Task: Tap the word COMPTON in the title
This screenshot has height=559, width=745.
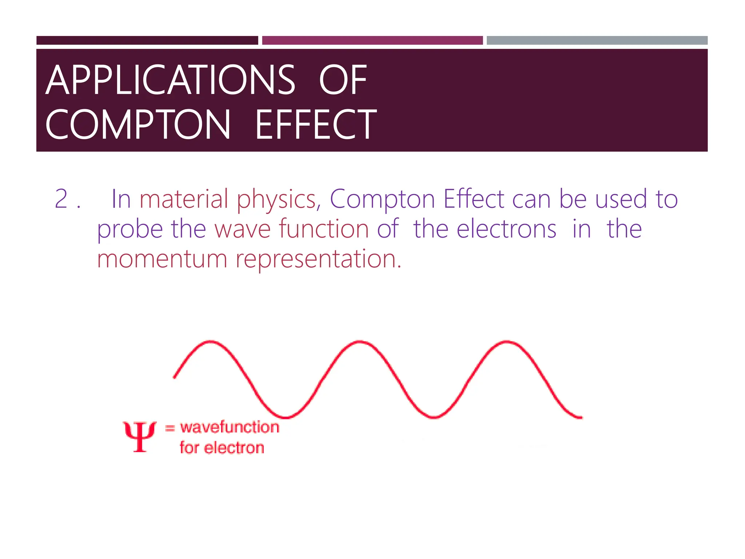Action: coord(138,125)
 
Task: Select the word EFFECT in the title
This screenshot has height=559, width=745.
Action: coord(316,125)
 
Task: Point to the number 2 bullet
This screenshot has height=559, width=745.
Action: coord(61,199)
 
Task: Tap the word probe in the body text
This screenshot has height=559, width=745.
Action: coord(130,229)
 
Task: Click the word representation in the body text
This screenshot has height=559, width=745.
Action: coord(319,259)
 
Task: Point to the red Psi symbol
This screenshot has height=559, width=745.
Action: coord(140,436)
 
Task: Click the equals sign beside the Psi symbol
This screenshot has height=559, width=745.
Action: coord(170,428)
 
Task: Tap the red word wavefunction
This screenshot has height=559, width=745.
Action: coord(230,427)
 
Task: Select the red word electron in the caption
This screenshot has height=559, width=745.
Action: coord(234,448)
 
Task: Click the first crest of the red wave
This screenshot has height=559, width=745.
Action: coord(210,342)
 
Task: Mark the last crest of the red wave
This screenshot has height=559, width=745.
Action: coord(507,342)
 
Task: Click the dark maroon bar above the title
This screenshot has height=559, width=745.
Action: coord(147,40)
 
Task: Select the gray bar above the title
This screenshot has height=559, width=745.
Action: coord(597,40)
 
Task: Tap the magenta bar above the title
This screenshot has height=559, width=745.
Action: coord(372,40)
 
